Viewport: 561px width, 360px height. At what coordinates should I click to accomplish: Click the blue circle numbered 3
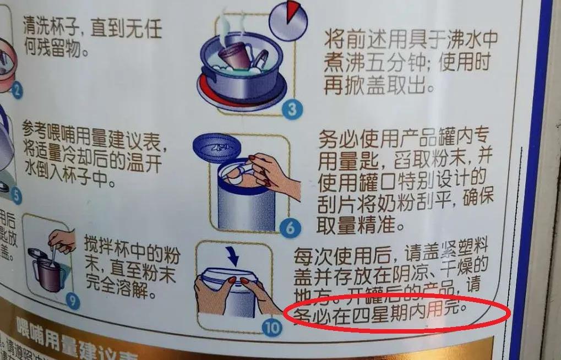292,110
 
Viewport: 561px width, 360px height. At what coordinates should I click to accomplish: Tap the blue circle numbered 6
290,227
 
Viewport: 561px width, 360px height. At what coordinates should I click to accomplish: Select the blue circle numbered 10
271,328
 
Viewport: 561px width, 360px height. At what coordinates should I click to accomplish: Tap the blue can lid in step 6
217,148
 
